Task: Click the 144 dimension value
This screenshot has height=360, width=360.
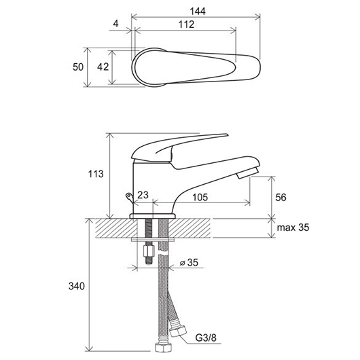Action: coord(198,11)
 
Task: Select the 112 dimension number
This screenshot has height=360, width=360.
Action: coord(186,24)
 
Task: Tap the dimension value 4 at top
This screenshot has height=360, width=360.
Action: coord(116,23)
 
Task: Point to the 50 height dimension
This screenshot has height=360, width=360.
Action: coord(78,67)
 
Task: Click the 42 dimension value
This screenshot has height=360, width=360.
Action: coord(103,67)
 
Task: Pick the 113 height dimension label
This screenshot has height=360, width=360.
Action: coord(96,174)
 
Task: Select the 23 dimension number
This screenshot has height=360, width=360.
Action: coord(143,195)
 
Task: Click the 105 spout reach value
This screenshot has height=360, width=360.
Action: coord(200,197)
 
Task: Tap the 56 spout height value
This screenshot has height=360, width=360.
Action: coord(281,198)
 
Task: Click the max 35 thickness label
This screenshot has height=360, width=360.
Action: coord(293,228)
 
